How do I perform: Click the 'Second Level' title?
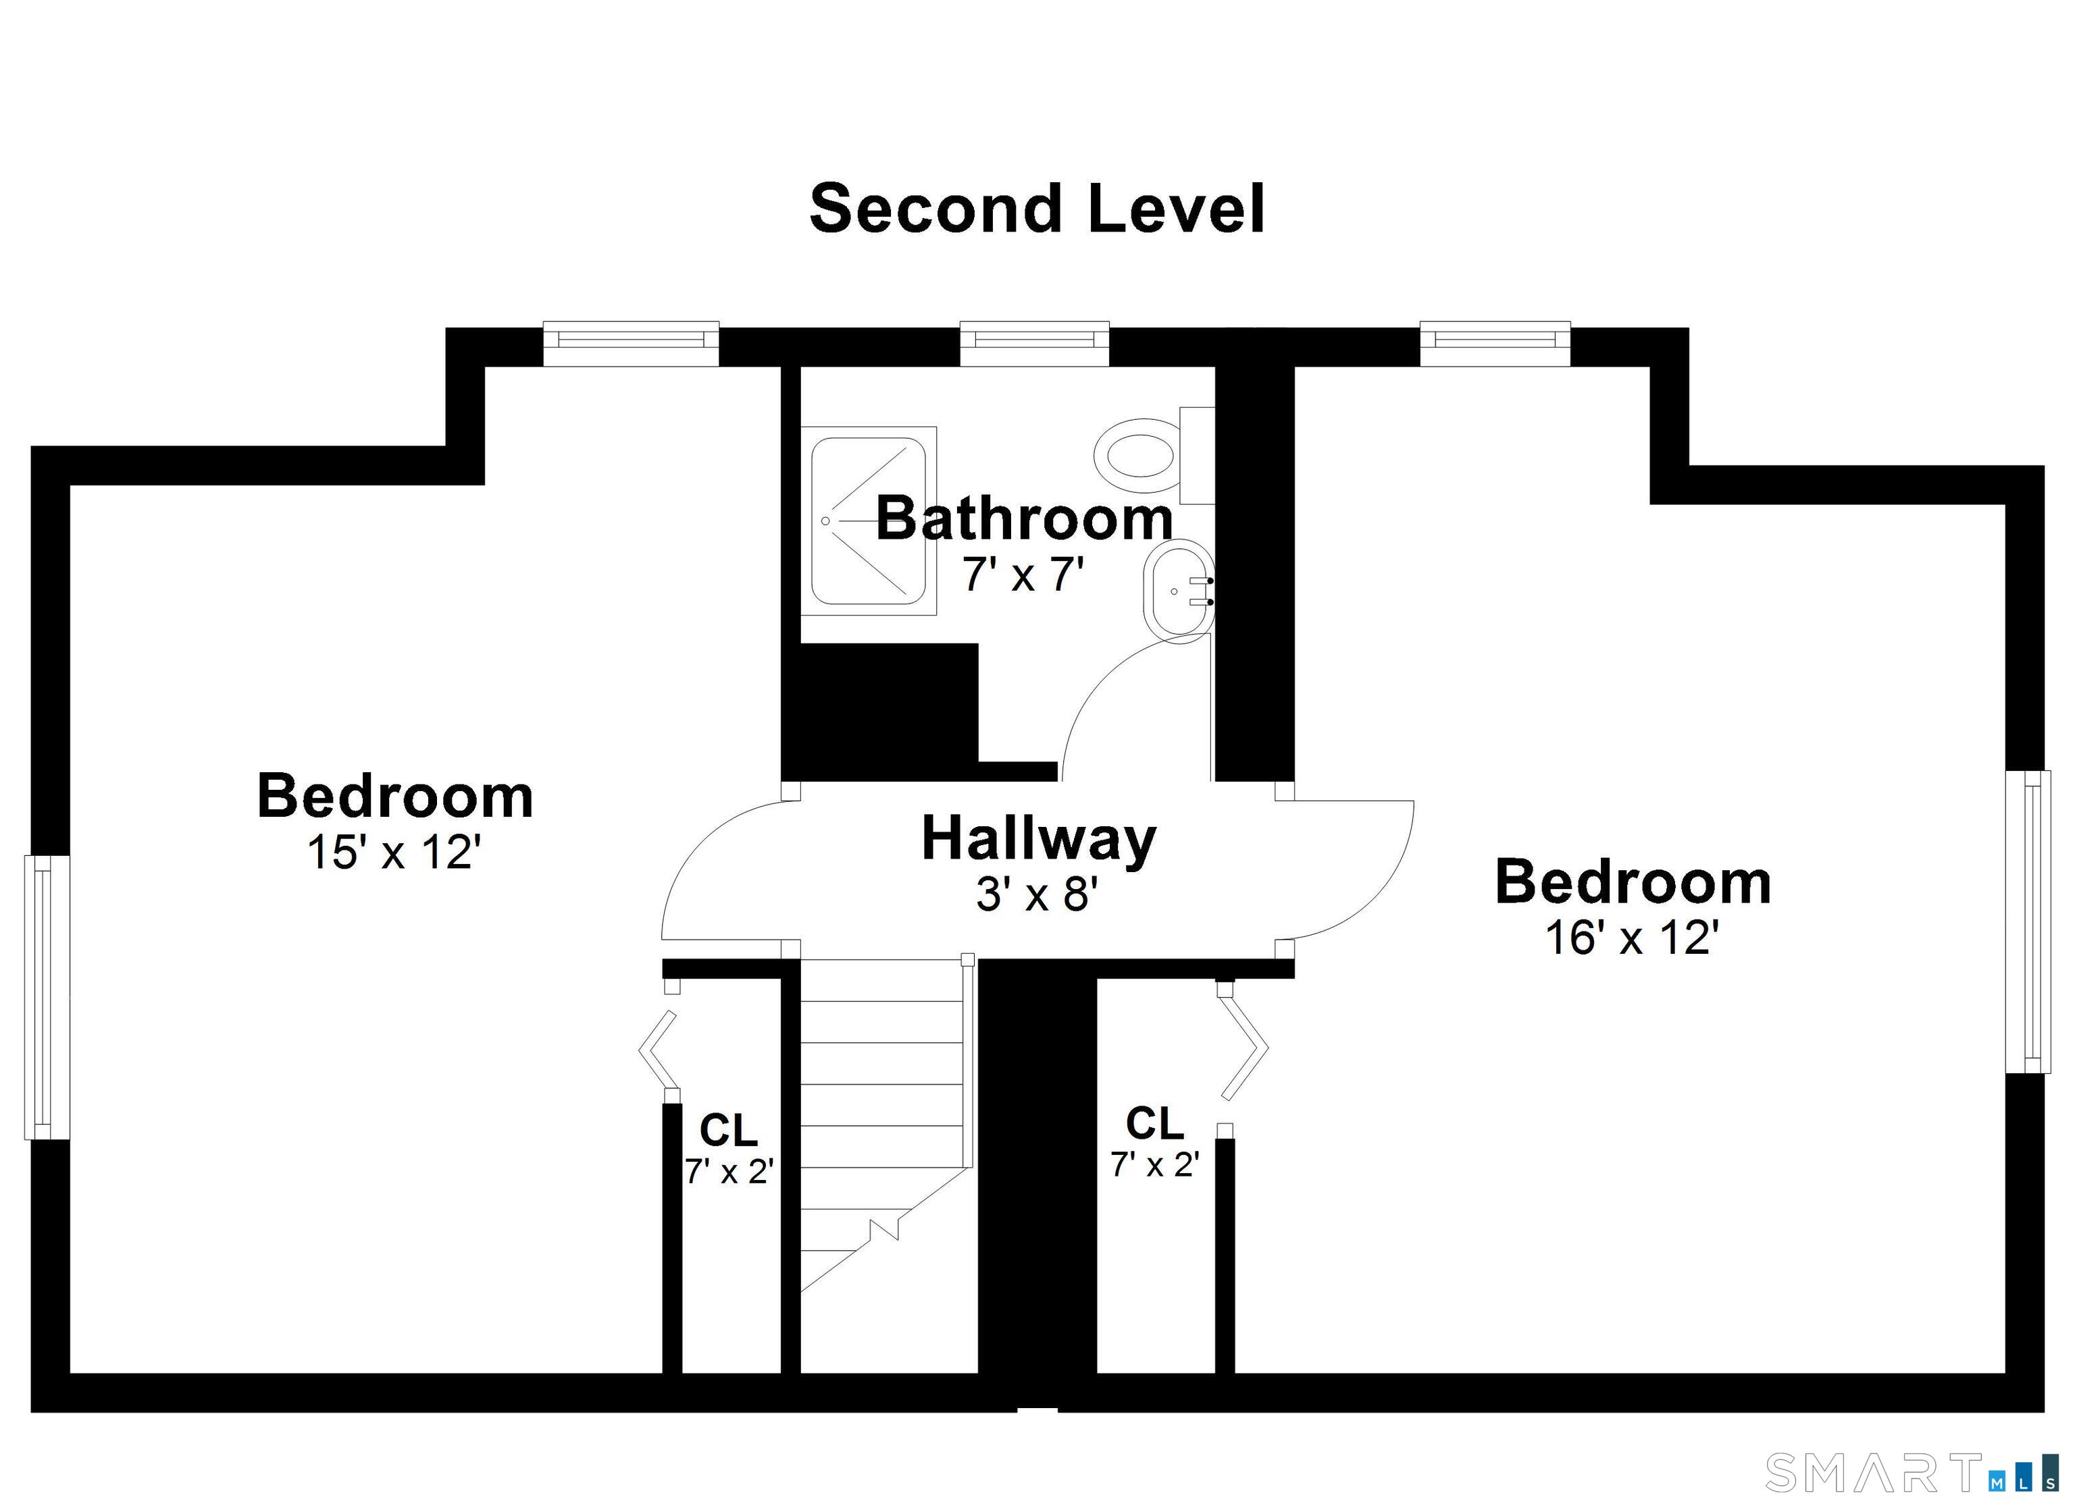click(x=1037, y=209)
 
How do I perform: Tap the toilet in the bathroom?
click(x=1154, y=456)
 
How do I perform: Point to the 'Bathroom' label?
click(x=1025, y=518)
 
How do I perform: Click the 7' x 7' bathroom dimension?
click(x=1024, y=574)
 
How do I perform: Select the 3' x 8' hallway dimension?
click(x=1037, y=894)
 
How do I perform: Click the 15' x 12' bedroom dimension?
click(x=394, y=853)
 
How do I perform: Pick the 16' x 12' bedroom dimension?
click(x=1632, y=938)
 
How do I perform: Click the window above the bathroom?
click(x=1035, y=344)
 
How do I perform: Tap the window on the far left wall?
click(x=47, y=997)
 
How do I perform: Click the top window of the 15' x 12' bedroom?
click(x=632, y=344)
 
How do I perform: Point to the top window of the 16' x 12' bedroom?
click(x=1495, y=344)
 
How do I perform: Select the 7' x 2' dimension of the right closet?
click(x=1154, y=1164)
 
